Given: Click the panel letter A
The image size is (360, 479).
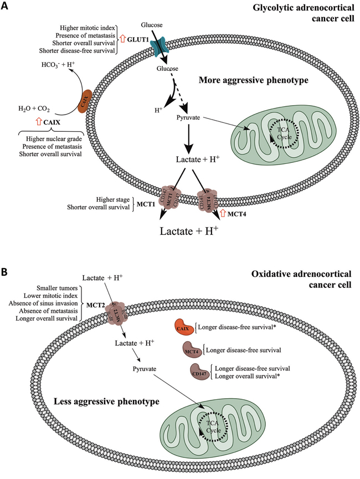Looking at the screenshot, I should tap(5, 6).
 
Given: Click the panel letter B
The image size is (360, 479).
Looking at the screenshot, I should tap(5, 273).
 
